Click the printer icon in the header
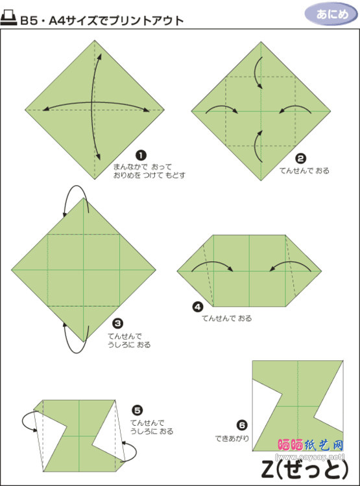[x=8, y=18]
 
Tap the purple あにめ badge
[x=331, y=14]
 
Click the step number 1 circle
[x=141, y=156]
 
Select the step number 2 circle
[x=300, y=159]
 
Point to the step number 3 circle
[x=118, y=323]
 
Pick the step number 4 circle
[x=198, y=307]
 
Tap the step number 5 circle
[x=137, y=410]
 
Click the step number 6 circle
[x=242, y=425]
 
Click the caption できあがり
[x=232, y=438]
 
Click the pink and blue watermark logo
[x=311, y=445]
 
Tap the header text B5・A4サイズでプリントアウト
[x=102, y=21]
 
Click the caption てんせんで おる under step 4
[x=227, y=318]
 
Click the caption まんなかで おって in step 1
[x=143, y=167]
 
